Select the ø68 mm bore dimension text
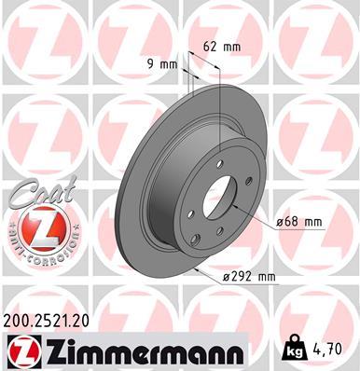coord(300,222)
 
